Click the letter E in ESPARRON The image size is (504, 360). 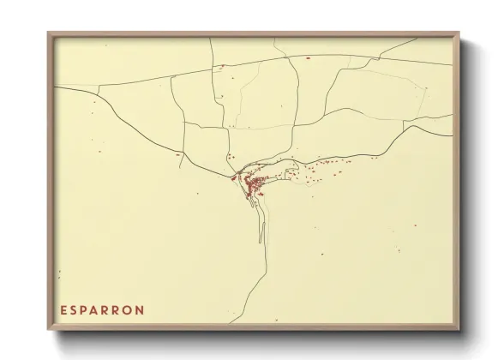click(x=63, y=309)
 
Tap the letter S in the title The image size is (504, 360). click(x=75, y=309)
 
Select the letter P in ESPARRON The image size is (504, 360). click(x=86, y=309)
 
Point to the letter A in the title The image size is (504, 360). click(x=98, y=309)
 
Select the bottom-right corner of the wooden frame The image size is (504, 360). click(x=460, y=331)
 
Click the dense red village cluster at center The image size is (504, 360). click(x=254, y=183)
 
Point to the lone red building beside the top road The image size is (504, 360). click(x=307, y=57)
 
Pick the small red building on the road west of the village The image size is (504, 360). click(x=177, y=156)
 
